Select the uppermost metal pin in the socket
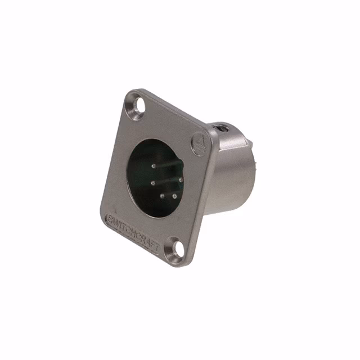153,166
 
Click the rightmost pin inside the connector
181,180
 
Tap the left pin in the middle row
152,182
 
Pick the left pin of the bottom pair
162,195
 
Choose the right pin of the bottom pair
174,196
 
